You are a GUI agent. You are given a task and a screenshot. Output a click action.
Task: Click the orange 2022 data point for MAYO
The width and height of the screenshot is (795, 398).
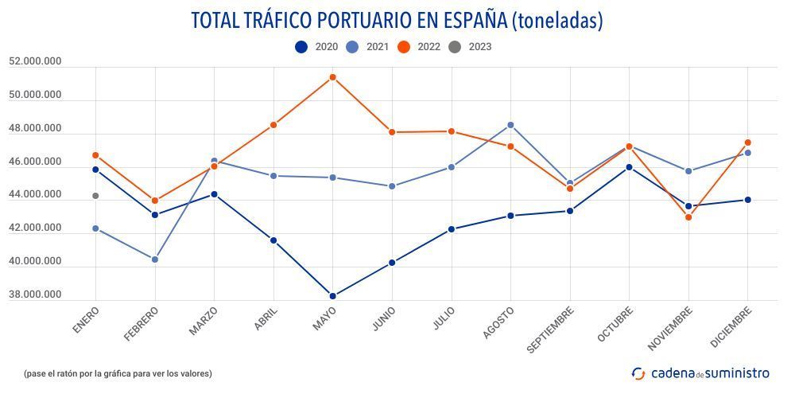[x=332, y=77]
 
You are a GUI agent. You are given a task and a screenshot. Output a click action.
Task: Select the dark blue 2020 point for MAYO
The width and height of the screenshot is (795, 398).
[x=332, y=296]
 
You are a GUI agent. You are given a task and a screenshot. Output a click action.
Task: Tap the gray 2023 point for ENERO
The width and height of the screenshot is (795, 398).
[x=95, y=196]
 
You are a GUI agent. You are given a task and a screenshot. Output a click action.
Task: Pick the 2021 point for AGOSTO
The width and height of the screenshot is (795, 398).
[x=510, y=125]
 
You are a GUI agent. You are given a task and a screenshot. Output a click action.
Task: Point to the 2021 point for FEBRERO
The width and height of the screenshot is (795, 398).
[x=155, y=259]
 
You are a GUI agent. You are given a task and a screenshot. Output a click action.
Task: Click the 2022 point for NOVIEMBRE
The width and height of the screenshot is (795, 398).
[x=688, y=217]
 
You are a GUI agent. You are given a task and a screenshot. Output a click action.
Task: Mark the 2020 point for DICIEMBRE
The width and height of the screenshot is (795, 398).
[x=747, y=200]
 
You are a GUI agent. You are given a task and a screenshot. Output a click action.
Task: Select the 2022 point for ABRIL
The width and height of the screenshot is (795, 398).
[x=273, y=125]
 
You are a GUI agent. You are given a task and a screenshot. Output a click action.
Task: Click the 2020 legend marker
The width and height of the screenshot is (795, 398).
[x=301, y=47]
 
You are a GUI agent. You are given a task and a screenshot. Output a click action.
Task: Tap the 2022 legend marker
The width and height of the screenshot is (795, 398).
[x=404, y=47]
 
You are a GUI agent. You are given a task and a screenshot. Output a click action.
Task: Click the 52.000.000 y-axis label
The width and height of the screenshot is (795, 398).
[x=35, y=61]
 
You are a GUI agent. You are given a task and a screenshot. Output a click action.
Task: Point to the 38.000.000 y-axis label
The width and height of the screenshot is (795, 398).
[x=35, y=295]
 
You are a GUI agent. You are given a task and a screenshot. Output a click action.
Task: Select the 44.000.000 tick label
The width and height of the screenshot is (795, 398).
[x=35, y=195]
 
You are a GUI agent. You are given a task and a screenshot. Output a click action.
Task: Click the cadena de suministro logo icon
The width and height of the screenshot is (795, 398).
[x=638, y=373]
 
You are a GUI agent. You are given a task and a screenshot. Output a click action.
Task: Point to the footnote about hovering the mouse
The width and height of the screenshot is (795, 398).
[x=118, y=373]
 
